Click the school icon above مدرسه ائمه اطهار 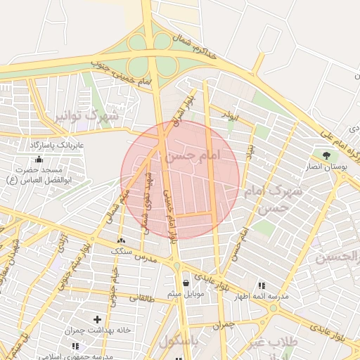click(x=262, y=285)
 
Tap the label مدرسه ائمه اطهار click(x=263, y=297)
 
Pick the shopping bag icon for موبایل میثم click(x=186, y=283)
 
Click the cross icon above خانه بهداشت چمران click(x=97, y=319)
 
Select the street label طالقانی click(x=141, y=297)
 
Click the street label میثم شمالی click(x=117, y=206)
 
